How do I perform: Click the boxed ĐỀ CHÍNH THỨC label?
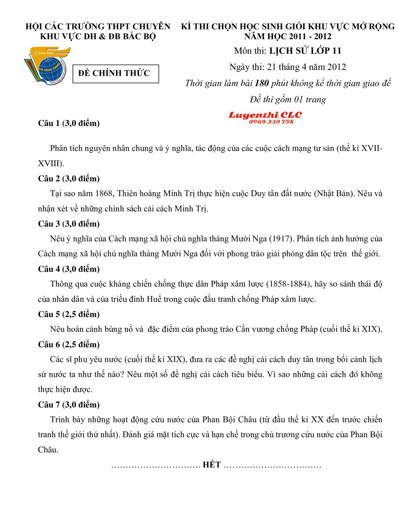click(x=116, y=73)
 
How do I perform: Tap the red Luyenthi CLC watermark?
click(x=265, y=115)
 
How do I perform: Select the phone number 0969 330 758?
click(x=271, y=122)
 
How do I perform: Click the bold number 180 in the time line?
click(x=262, y=83)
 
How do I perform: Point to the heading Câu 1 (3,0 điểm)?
click(x=69, y=123)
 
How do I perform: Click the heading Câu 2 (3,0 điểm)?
click(x=69, y=178)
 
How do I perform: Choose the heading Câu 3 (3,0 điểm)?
click(x=69, y=224)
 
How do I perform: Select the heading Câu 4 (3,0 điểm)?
click(x=69, y=269)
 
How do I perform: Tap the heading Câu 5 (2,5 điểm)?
click(x=69, y=314)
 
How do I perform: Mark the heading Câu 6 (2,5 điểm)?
click(x=69, y=344)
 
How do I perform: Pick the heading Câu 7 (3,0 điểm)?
click(x=69, y=405)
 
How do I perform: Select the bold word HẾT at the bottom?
click(x=212, y=465)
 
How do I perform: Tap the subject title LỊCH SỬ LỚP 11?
click(x=305, y=51)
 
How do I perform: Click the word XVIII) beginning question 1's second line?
click(x=51, y=163)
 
